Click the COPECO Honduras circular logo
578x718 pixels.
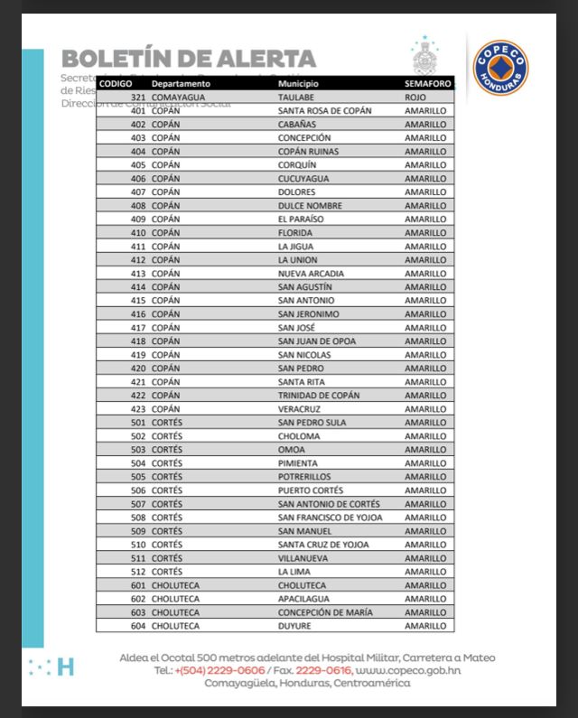coord(500,66)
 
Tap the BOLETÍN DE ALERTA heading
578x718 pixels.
coord(189,59)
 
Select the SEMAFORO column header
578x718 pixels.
coord(425,83)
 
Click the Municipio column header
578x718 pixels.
coord(298,83)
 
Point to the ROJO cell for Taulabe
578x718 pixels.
coord(415,97)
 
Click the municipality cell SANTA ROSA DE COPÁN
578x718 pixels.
coord(324,110)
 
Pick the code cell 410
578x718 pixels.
coord(138,232)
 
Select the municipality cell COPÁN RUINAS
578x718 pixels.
coord(308,151)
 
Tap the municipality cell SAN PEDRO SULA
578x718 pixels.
coord(312,422)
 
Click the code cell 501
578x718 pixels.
coord(138,422)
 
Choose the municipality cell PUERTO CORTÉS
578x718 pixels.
coord(310,490)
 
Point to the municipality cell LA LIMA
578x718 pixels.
coord(295,571)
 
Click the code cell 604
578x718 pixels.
coord(138,625)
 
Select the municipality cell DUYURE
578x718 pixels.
coord(295,625)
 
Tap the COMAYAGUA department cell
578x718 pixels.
coord(178,97)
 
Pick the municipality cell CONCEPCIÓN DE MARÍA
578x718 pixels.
coord(324,611)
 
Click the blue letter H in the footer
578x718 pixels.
coord(65,667)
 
